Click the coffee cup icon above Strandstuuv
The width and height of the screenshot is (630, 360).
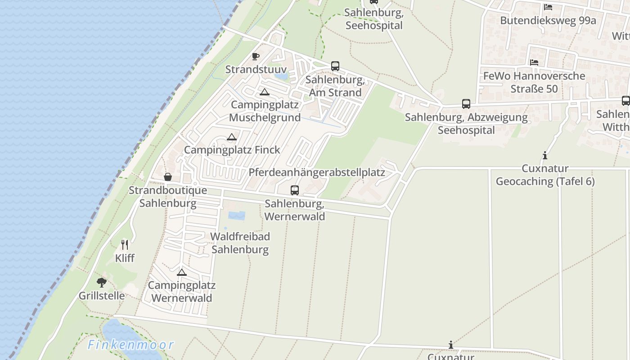click(x=256, y=56)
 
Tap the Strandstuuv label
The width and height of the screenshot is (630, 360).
click(x=256, y=69)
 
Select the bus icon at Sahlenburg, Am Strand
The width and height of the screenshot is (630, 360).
click(x=335, y=66)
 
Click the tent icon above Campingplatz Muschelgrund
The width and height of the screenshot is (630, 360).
click(x=265, y=92)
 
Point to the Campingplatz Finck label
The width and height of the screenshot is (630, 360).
click(x=232, y=150)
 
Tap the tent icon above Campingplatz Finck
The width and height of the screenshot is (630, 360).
click(x=232, y=137)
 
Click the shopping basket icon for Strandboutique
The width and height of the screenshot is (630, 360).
click(x=168, y=177)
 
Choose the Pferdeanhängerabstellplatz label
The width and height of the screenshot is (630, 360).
click(x=317, y=172)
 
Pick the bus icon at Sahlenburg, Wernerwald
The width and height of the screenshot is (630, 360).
click(x=295, y=190)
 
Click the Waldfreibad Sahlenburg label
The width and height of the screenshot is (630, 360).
click(x=240, y=243)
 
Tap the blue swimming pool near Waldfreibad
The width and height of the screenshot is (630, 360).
click(x=237, y=216)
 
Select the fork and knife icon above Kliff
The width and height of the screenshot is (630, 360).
click(x=125, y=245)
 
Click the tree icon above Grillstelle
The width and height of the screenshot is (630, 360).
click(x=102, y=283)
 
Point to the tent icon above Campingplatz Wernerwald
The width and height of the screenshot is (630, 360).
click(x=181, y=272)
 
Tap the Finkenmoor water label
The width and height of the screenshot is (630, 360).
click(x=130, y=345)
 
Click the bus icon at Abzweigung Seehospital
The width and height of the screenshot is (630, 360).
click(x=466, y=104)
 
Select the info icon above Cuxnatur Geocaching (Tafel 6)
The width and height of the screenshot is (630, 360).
click(x=545, y=156)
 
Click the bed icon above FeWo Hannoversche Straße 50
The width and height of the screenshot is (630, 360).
click(x=534, y=63)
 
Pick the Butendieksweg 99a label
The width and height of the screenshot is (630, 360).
click(x=548, y=20)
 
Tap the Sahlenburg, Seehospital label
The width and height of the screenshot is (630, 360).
click(x=374, y=19)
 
